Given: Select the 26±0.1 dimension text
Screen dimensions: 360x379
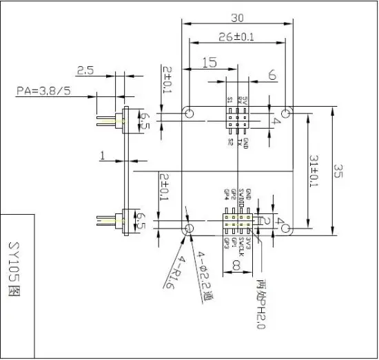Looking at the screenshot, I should [x=237, y=36].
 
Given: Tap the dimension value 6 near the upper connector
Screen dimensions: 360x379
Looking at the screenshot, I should [x=272, y=74].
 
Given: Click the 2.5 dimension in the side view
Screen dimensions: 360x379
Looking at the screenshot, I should [x=86, y=70].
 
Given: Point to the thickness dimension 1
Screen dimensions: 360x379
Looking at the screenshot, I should [x=102, y=157].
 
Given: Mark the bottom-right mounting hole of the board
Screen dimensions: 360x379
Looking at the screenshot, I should [x=287, y=227].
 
